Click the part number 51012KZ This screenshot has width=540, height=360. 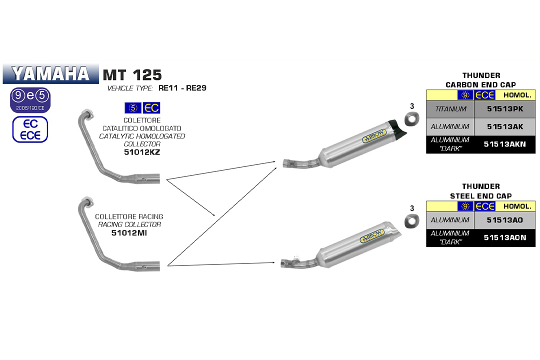[x=142, y=151]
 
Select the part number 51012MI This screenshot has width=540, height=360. [x=129, y=232]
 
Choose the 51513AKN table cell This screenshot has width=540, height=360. [x=504, y=144]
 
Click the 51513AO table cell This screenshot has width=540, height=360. [x=504, y=219]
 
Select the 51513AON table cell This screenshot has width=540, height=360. [x=504, y=237]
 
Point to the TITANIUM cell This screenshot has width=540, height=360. [x=450, y=108]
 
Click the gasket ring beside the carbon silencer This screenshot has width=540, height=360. [x=412, y=120]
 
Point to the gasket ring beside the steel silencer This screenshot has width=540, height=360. [x=412, y=221]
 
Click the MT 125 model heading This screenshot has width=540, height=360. [x=132, y=75]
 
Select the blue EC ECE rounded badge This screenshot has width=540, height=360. [x=30, y=129]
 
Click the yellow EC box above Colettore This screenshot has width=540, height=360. [x=151, y=107]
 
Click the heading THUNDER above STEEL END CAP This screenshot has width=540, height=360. [x=480, y=186]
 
